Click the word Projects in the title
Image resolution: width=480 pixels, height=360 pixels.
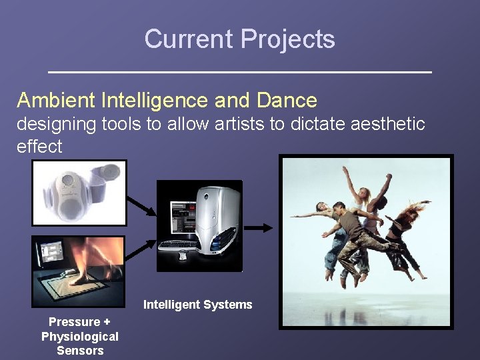coord(288,39)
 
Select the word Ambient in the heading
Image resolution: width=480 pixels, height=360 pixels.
coord(57,101)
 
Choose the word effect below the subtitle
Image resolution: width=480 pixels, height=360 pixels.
coord(39,147)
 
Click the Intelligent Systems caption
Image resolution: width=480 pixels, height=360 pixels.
coord(198,305)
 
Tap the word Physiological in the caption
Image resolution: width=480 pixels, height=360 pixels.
coord(80,337)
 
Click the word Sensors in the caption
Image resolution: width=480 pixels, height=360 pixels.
coord(80,351)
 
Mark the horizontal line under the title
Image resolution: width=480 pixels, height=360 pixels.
coord(240,71)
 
